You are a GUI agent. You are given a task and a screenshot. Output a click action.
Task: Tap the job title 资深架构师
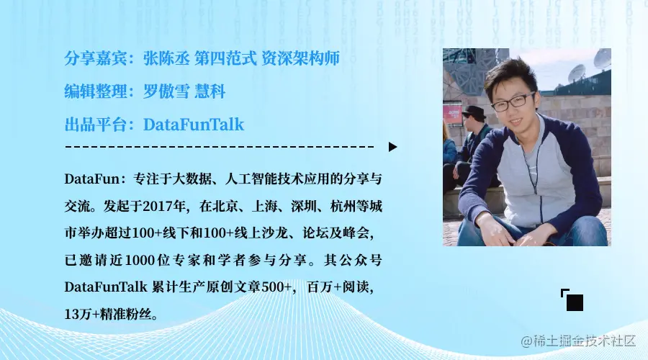coord(301,58)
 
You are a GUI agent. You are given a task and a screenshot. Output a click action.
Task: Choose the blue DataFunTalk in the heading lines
coord(194,125)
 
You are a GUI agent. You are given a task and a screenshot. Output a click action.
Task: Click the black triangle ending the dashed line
coord(392,147)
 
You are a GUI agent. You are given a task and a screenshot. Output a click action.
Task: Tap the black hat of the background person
coord(473,112)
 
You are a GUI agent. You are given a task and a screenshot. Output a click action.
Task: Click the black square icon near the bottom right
coord(574,302)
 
